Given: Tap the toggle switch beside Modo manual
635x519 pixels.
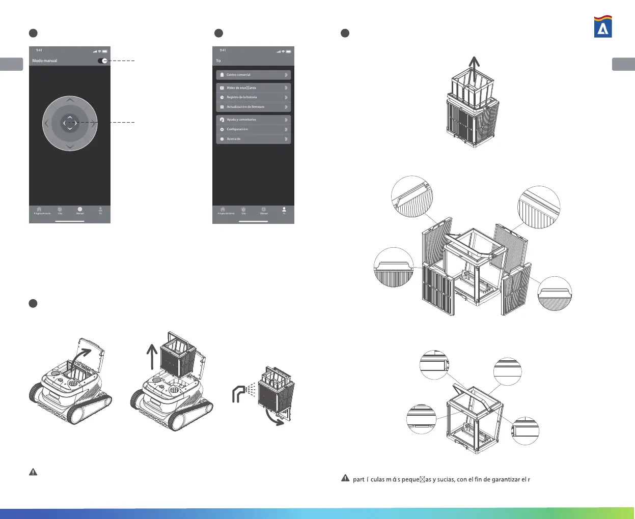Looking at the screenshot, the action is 102,61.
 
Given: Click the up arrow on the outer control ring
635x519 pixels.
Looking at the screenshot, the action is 70,100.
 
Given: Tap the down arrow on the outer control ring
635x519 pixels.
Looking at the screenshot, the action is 70,147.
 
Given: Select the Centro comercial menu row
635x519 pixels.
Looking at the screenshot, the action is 253,75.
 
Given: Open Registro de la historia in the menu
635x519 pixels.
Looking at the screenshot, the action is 253,97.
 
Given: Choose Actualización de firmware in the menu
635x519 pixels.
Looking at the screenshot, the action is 253,107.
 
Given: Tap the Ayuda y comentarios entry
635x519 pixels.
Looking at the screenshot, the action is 253,120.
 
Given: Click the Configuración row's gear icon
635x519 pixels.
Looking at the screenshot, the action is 222,129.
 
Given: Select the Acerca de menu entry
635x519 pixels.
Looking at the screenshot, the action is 253,139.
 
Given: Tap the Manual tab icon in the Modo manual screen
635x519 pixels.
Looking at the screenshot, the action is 80,210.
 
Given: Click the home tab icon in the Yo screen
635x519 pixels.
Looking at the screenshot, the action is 223,210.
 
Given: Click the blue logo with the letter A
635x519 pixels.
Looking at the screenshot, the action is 603,26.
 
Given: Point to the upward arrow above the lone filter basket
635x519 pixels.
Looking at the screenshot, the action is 474,69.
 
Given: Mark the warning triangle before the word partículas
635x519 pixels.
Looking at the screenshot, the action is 345,478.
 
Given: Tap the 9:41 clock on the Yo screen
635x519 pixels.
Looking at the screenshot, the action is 223,50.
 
